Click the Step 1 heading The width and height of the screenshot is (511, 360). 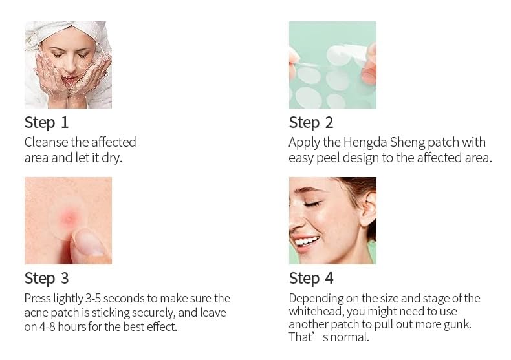[x=47, y=123]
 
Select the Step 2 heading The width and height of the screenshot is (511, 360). [x=311, y=123]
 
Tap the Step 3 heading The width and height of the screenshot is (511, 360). [x=47, y=279]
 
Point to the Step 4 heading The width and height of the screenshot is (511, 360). [x=311, y=279]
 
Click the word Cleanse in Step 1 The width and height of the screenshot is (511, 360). [x=46, y=142]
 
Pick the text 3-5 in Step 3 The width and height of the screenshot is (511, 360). [x=93, y=298]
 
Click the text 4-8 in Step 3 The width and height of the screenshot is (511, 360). [x=47, y=327]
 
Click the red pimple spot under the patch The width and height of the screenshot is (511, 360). [x=69, y=217]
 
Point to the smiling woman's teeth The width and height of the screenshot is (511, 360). [x=307, y=242]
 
